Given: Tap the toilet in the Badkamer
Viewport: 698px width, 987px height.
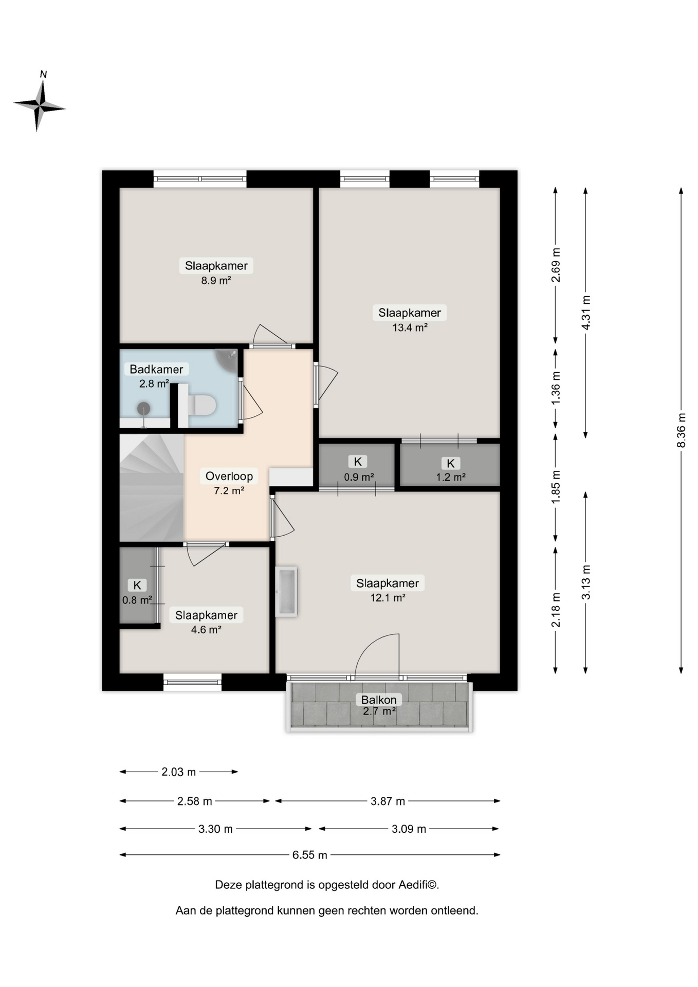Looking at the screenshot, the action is (x=202, y=405).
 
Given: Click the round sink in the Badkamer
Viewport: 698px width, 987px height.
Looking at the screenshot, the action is (x=143, y=409).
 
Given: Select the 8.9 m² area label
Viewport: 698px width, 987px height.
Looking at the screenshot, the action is (x=216, y=281).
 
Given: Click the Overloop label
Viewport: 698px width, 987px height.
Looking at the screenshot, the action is (x=229, y=476).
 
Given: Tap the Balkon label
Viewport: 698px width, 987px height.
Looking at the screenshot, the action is (x=379, y=700).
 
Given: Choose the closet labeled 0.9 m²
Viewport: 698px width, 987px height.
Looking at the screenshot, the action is (x=357, y=465).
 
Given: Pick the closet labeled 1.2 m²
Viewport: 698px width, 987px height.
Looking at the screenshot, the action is (x=450, y=465).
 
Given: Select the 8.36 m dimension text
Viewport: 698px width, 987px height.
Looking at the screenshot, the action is (x=681, y=430).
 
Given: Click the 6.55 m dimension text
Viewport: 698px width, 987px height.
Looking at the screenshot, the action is (x=310, y=855).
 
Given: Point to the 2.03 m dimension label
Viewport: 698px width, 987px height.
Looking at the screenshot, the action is (x=179, y=772).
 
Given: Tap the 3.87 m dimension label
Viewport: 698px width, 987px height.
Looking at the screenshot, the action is (x=388, y=801).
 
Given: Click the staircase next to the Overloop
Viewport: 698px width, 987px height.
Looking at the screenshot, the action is (x=152, y=487).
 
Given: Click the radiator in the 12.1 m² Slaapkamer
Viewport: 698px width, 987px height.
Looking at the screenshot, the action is (x=286, y=592).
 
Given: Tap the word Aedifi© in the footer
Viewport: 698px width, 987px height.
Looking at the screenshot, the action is (x=419, y=885).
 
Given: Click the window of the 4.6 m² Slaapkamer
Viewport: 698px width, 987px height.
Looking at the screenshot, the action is (x=192, y=682).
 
